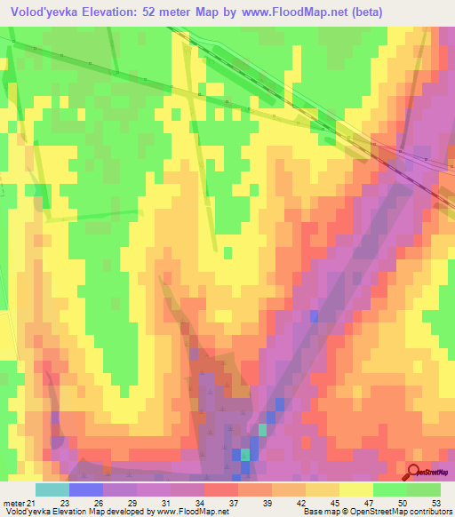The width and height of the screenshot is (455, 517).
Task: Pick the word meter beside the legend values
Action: [x=13, y=503]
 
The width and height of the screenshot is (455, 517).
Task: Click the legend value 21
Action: [x=33, y=503]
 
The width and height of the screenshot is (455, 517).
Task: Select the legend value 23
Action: [x=63, y=503]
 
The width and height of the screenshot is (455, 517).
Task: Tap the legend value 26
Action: [x=97, y=503]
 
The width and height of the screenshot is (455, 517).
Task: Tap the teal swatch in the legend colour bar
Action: [x=52, y=489]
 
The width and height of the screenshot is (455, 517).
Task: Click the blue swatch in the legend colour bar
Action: [x=86, y=489]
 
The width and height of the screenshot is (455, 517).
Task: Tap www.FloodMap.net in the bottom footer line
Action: [x=189, y=512]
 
